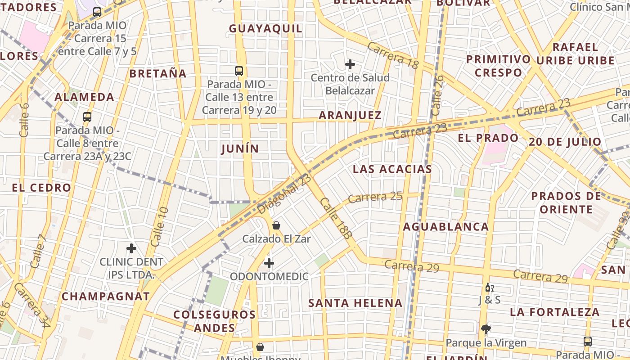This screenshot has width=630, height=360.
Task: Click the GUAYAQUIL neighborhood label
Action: coord(265,29)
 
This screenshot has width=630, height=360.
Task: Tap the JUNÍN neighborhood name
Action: coord(240,149)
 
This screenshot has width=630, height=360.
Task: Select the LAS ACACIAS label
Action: coord(392,169)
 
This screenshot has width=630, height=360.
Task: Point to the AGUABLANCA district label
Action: coord(445,227)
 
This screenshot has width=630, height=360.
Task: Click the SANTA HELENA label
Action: coord(355,303)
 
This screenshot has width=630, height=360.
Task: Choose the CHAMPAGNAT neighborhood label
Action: coord(105,297)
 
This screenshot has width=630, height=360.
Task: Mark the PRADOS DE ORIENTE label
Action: coord(566,202)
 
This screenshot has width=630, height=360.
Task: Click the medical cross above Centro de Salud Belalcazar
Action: coord(350,64)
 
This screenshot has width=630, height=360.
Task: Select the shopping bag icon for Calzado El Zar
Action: coord(276,225)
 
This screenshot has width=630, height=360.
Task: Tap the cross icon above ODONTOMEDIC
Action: coord(269,263)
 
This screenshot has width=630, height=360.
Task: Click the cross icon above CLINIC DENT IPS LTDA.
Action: coord(131,248)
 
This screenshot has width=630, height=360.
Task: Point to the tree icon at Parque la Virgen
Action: coord(486,329)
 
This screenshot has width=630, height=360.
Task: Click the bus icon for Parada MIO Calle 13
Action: coord(239,71)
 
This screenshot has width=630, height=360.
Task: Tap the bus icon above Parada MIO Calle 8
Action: coord(87,117)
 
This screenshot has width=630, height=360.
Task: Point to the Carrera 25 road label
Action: coord(375,197)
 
